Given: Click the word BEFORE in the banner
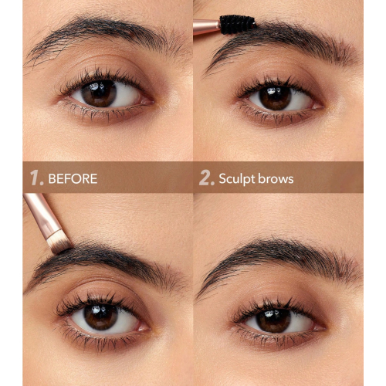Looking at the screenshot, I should coord(73,178).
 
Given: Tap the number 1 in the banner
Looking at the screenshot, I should coord(36,178).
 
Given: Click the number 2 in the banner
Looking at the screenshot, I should coord(205,178).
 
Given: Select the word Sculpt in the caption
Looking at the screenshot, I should coord(236,179).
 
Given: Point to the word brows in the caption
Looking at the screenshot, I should coord(276,178).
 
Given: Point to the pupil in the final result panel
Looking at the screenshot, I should coord(273,317).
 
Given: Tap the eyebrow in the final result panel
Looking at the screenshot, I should coord(278,255).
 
